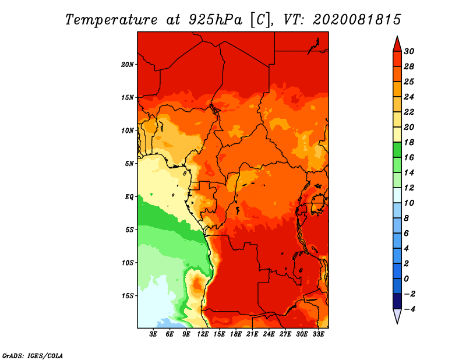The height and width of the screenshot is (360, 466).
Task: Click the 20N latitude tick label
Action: click(128, 65)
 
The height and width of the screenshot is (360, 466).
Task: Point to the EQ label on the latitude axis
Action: click(129, 197)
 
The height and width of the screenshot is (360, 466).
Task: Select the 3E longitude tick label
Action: click(153, 334)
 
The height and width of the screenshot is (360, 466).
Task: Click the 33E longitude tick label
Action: click(318, 334)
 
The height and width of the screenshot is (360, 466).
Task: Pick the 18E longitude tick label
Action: click(236, 334)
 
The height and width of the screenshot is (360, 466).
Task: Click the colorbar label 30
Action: click(409, 51)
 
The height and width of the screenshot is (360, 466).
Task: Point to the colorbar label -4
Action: click(409, 309)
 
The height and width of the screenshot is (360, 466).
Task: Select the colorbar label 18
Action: click(409, 142)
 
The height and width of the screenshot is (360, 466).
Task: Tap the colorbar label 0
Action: click(406, 279)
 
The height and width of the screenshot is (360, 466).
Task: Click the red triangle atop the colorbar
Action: click(397, 44)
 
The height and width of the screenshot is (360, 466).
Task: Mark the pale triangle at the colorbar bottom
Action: click(397, 316)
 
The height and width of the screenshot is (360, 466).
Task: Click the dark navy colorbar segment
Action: click(397, 301)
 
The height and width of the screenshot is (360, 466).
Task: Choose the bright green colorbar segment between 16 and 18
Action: click(397, 150)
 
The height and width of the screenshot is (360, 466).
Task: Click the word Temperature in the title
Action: click(111, 20)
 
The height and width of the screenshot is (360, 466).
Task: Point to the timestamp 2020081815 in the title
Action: click(357, 20)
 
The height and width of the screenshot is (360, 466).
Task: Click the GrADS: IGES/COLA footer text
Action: click(33, 356)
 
